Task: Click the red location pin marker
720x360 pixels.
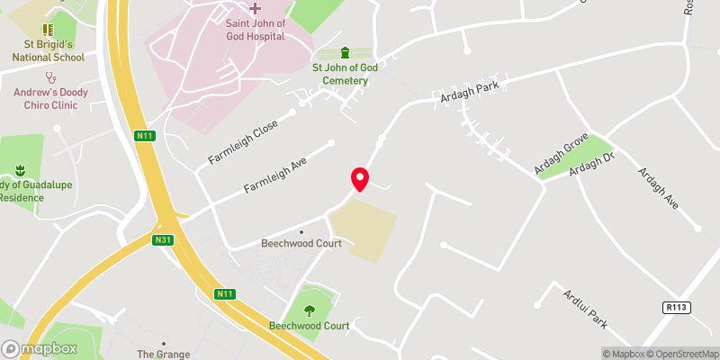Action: point(359,178)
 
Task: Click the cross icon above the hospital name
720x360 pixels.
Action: point(255,8)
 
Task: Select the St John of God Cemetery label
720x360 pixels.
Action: point(340,74)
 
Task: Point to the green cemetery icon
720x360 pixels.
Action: point(345,52)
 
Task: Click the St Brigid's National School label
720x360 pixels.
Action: point(49,50)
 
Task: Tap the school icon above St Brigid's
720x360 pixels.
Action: point(48,31)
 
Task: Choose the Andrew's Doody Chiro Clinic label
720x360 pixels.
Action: point(58,98)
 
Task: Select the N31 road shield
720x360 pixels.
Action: point(163,240)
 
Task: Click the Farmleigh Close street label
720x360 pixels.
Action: point(244,143)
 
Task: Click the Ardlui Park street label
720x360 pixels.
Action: point(586,308)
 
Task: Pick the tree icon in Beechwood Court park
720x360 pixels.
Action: point(310,310)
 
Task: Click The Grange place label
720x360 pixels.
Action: point(163,355)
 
